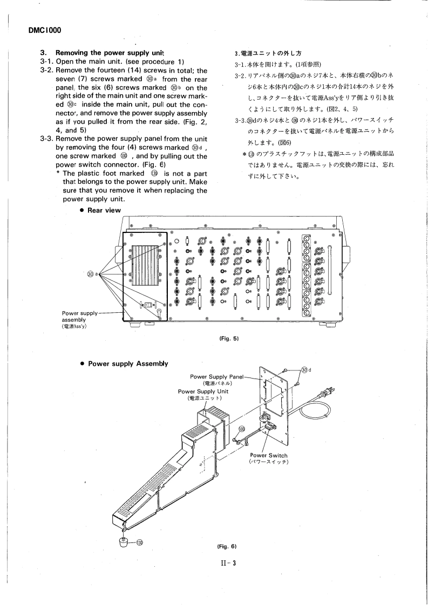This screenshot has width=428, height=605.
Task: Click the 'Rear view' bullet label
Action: point(105,210)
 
